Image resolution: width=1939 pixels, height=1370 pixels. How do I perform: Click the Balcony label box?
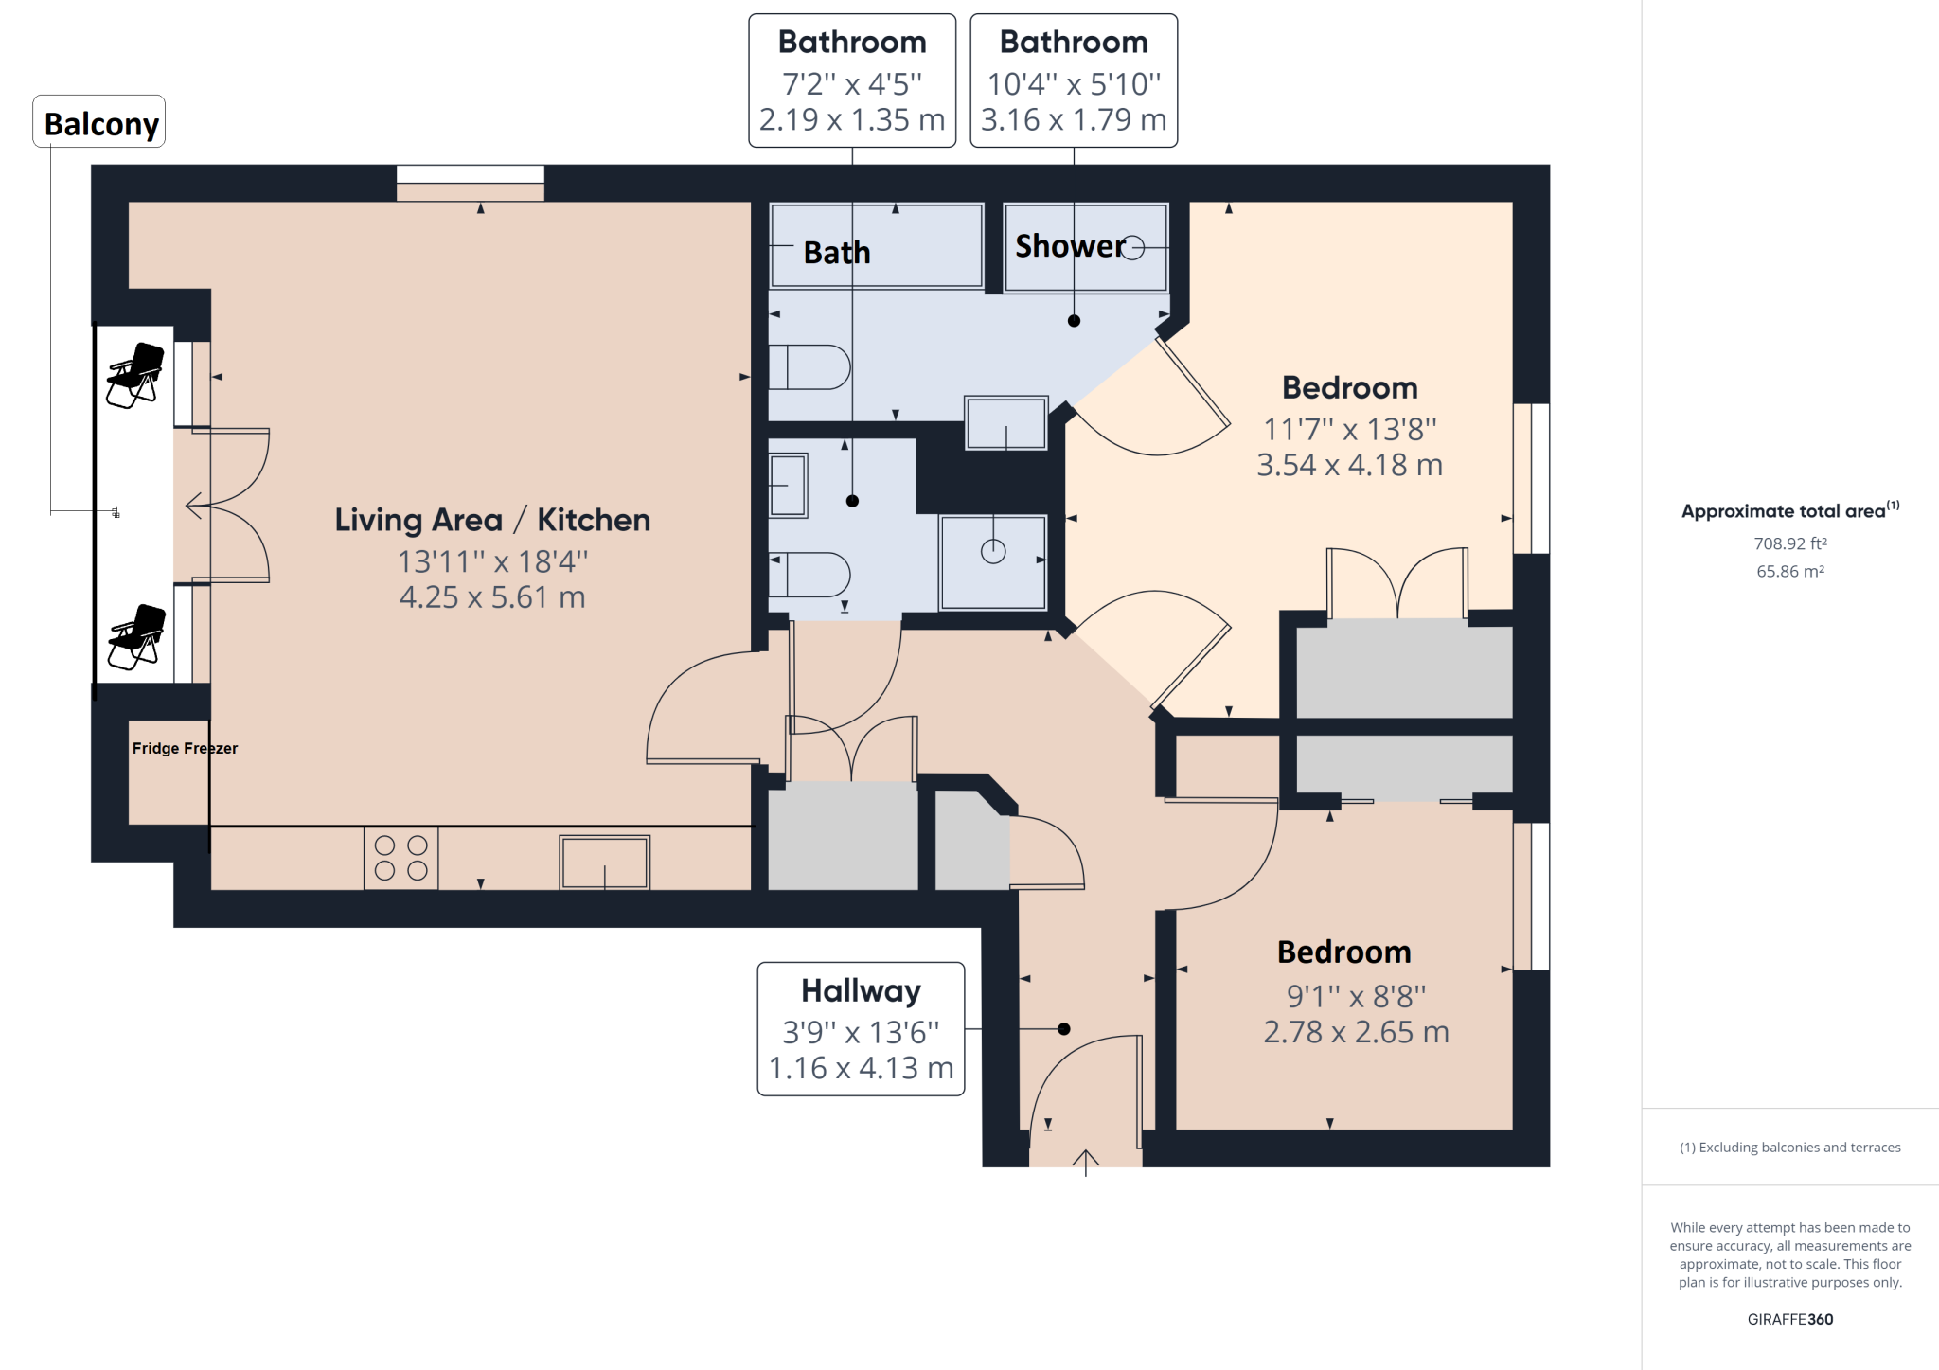[99, 122]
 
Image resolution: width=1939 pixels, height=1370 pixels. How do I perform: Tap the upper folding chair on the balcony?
[135, 375]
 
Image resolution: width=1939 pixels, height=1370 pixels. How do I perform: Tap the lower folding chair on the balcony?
[137, 636]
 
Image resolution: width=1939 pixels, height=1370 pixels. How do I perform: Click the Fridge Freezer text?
[185, 748]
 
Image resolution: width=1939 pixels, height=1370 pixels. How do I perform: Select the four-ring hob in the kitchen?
[400, 858]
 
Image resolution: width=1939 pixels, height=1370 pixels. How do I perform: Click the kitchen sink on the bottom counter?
[604, 862]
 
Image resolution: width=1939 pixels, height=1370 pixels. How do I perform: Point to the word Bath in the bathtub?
[837, 253]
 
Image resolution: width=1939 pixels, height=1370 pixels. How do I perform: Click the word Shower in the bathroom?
[1070, 246]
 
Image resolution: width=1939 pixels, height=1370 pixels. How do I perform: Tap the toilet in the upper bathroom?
[810, 367]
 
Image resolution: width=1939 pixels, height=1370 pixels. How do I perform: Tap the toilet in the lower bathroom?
[810, 574]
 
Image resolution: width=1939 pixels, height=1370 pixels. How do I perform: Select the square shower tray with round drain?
[993, 562]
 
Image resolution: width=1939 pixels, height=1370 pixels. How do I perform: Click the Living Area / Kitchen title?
[492, 520]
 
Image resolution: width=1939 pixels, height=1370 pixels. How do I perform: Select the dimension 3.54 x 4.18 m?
[1349, 465]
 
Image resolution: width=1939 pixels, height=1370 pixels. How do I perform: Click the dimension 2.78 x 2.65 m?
[1356, 1032]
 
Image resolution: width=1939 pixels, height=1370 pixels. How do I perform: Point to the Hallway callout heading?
[861, 990]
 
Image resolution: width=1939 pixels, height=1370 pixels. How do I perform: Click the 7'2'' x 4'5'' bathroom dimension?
[852, 84]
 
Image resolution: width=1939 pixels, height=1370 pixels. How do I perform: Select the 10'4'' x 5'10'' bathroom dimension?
[1074, 84]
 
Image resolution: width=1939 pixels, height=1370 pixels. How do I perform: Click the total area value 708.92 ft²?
[1790, 543]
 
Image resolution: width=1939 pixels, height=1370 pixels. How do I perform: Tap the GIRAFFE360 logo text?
[1789, 1319]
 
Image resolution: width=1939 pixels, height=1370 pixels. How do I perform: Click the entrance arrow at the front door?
[1085, 1162]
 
